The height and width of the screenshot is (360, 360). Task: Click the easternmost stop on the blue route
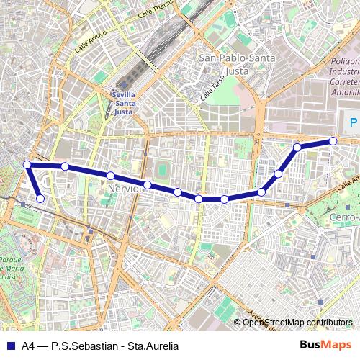[x=333, y=141]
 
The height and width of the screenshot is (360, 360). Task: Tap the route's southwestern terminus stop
[x=40, y=199]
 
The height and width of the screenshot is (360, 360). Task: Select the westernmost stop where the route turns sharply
[x=27, y=165]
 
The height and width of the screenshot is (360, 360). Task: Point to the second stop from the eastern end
[x=297, y=148]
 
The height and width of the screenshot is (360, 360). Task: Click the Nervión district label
[x=122, y=188]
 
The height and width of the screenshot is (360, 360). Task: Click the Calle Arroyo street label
[x=92, y=41]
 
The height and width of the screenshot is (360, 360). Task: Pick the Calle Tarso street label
[x=209, y=88]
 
